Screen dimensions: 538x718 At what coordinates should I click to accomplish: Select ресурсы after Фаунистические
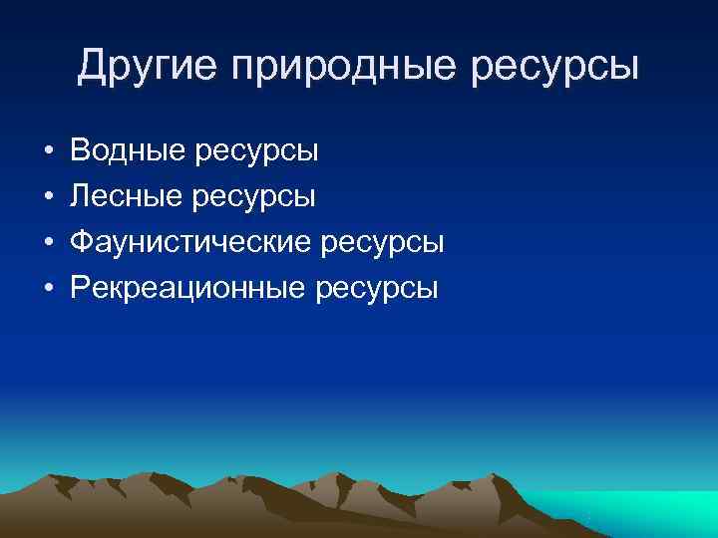point(382,243)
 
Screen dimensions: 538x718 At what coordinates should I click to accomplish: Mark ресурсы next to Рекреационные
point(376,288)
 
